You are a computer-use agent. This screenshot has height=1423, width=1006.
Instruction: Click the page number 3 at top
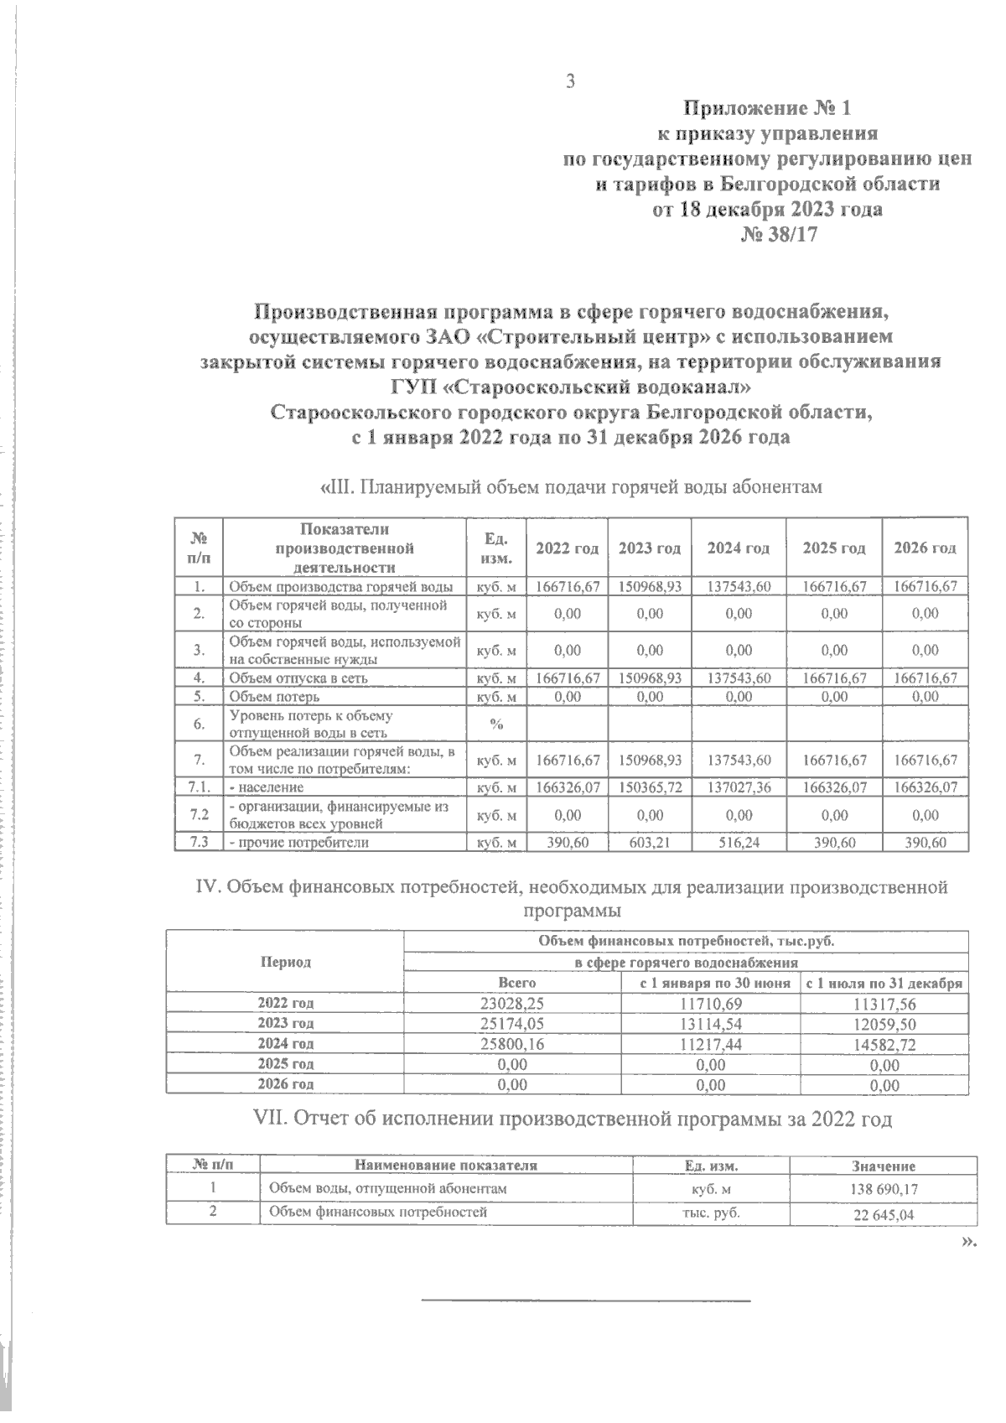pyautogui.click(x=571, y=81)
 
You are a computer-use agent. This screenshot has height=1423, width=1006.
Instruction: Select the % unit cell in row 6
pyautogui.click(x=495, y=724)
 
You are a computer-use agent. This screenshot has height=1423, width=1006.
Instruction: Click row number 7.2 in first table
pyautogui.click(x=200, y=815)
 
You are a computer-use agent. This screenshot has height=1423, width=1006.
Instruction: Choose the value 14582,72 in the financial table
pyautogui.click(x=884, y=1044)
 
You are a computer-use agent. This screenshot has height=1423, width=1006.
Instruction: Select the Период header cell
pyautogui.click(x=285, y=962)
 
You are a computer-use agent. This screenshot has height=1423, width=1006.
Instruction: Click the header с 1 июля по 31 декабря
pyautogui.click(x=884, y=983)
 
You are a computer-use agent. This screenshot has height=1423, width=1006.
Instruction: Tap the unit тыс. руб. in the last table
pyautogui.click(x=711, y=1213)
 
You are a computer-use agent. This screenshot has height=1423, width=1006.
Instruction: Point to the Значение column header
pyautogui.click(x=884, y=1166)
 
